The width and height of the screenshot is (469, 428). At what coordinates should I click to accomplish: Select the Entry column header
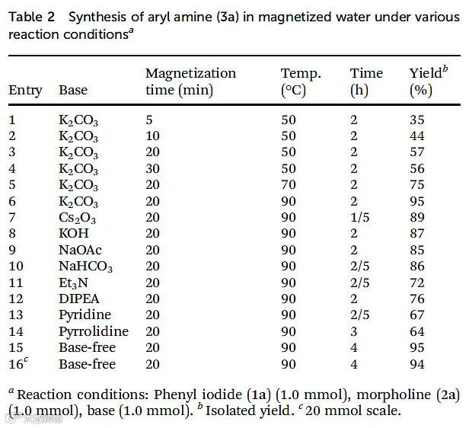(25, 91)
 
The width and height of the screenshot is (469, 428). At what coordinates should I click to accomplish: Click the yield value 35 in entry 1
(417, 120)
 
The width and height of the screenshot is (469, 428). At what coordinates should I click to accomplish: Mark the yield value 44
(417, 136)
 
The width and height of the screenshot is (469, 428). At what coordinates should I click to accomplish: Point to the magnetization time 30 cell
(152, 168)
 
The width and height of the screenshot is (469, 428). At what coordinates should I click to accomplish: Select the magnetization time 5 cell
(149, 120)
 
